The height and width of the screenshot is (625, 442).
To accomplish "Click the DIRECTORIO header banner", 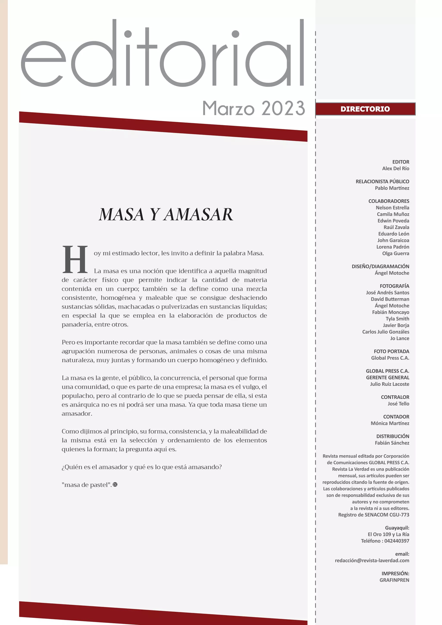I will coord(365,109).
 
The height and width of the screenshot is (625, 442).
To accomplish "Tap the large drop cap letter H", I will coord(75,259).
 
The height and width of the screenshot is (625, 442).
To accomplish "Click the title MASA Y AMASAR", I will coord(166,215).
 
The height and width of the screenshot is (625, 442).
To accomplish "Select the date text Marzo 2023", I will coord(253,108).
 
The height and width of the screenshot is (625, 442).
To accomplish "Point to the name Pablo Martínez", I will coord(392,188).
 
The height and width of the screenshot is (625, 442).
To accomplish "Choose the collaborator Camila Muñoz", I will coord(393,214).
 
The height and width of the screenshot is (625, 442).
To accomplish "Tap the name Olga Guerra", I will coord(395,253).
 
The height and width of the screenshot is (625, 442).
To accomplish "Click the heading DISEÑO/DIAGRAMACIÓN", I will coord(380,267).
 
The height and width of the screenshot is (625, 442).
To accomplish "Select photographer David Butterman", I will coord(390,299).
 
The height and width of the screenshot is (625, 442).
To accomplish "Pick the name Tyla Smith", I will coord(397,319).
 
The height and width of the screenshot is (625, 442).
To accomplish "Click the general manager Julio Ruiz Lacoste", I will coord(390,384).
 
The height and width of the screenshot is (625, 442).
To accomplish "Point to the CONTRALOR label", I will coord(395,397).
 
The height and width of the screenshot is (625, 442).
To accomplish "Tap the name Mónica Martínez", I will coord(390,423).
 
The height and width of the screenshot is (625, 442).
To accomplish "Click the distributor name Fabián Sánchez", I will coord(392,443).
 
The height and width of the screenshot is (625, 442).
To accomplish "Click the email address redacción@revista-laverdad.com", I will coord(372,560).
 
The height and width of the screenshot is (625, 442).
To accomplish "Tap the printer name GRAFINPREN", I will coord(394,580).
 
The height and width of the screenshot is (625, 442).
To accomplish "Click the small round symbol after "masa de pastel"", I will coord(115,485).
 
